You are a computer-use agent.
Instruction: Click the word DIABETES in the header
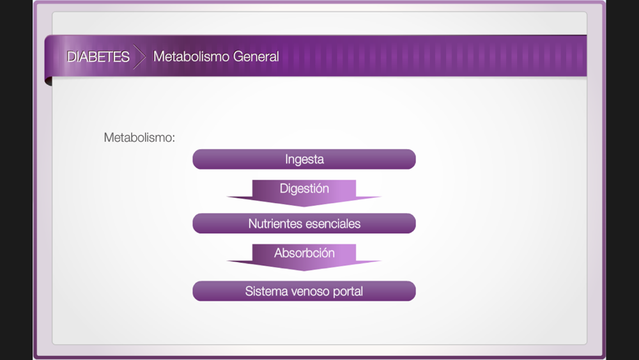tap(98, 57)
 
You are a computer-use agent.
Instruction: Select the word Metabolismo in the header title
tap(190, 56)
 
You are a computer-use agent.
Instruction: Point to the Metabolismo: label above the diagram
tap(139, 137)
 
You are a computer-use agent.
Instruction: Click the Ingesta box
tap(304, 159)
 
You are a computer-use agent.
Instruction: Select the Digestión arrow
tap(304, 193)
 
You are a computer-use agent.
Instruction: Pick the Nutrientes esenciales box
tap(304, 223)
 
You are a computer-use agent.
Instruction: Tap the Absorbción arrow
tap(304, 257)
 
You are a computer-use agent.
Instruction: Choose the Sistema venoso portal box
tap(304, 291)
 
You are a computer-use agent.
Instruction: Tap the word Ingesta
tap(304, 159)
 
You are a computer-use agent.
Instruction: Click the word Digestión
tap(304, 189)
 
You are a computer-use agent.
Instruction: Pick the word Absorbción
tap(304, 253)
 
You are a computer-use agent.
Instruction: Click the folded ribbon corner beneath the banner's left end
tap(48, 81)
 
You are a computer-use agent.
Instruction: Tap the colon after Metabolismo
tap(174, 139)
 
